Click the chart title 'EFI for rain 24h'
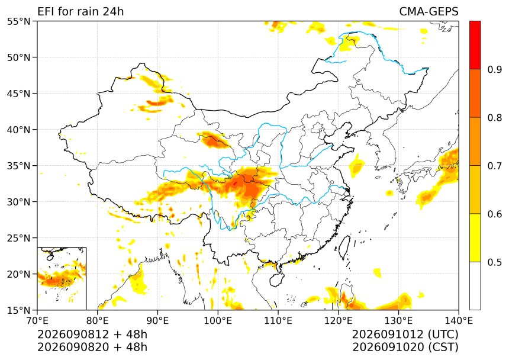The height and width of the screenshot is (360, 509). [x=80, y=11]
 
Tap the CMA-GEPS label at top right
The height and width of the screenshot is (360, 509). [x=429, y=11]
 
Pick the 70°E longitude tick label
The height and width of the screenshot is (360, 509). [x=37, y=321]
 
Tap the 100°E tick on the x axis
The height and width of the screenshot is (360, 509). [x=218, y=321]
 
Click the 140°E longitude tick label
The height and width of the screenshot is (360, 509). [x=458, y=321]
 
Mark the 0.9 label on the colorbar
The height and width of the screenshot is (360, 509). [x=495, y=70]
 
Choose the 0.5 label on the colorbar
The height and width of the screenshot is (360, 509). [x=495, y=262]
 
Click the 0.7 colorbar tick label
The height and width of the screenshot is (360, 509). [x=495, y=166]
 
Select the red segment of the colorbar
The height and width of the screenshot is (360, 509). [x=475, y=45]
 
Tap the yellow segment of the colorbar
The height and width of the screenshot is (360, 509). [x=475, y=237]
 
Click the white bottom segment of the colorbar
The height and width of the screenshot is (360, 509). [x=475, y=286]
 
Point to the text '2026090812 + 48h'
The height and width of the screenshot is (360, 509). [x=92, y=334]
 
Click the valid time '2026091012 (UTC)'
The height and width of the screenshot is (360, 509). [x=405, y=334]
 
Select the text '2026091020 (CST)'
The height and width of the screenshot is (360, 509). [x=405, y=347]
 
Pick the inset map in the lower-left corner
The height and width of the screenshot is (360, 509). [x=62, y=278]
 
